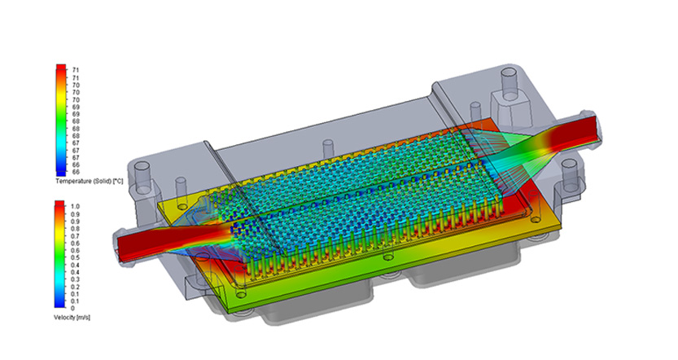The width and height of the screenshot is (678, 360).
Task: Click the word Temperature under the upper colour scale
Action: point(72,182)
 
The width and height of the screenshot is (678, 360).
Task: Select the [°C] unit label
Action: point(117,182)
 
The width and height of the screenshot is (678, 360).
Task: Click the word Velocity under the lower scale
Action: point(64,317)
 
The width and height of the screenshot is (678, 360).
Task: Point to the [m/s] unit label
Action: point(83,317)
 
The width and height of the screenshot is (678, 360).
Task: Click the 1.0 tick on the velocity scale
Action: point(75,206)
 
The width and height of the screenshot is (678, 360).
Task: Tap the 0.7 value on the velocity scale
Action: point(75,236)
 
